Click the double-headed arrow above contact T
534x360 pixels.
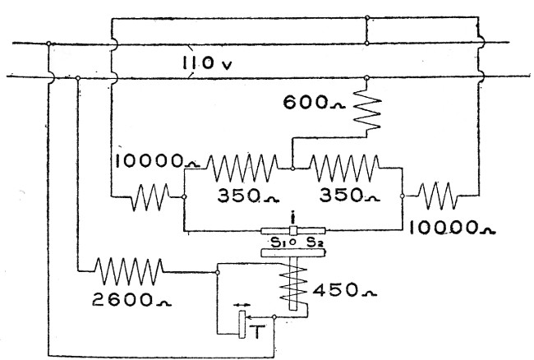(241, 307)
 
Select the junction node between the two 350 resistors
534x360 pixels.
(293, 169)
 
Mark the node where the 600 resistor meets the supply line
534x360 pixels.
(366, 77)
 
